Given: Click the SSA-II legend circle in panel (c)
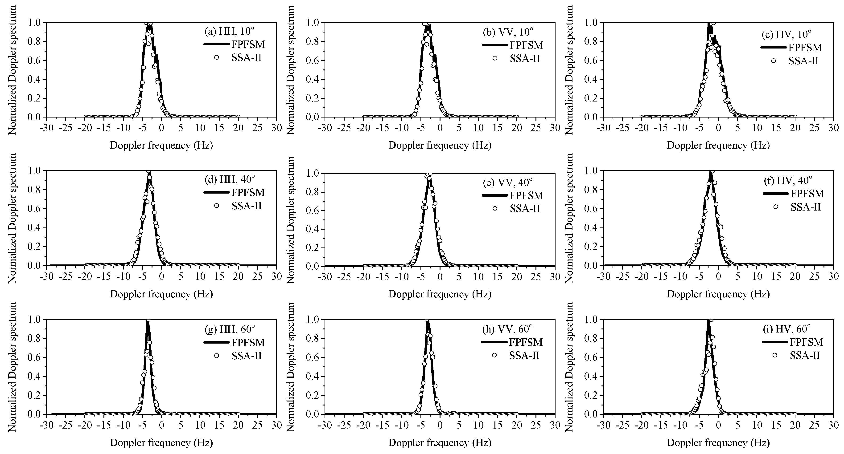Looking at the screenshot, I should pyautogui.click(x=774, y=61).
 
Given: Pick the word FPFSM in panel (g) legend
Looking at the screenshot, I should pyautogui.click(x=248, y=342).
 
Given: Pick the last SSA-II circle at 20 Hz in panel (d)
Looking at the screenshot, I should pyautogui.click(x=238, y=265).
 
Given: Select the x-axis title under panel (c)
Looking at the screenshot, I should pyautogui.click(x=718, y=145).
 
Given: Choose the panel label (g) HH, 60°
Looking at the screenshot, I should pyautogui.click(x=229, y=329).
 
